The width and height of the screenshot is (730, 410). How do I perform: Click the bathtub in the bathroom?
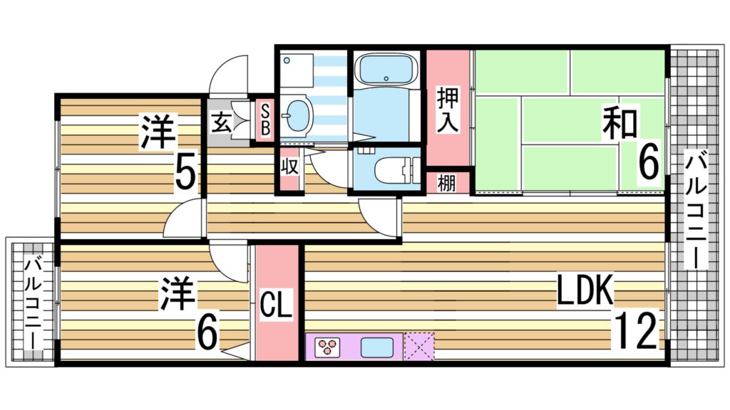coord(385,70)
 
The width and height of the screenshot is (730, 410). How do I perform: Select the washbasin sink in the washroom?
coord(294,114)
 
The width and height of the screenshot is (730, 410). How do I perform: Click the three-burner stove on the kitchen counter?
coord(327,347)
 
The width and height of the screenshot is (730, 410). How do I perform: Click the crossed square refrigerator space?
coord(419,347)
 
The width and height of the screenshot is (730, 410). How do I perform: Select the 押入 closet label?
coord(448,109)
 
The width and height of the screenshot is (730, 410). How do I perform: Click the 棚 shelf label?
coord(448,183)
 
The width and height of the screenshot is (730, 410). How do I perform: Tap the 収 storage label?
coord(289,169)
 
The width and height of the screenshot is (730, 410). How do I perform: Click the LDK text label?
coord(585,291)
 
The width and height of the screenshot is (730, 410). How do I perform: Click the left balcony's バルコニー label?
coord(32,303)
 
